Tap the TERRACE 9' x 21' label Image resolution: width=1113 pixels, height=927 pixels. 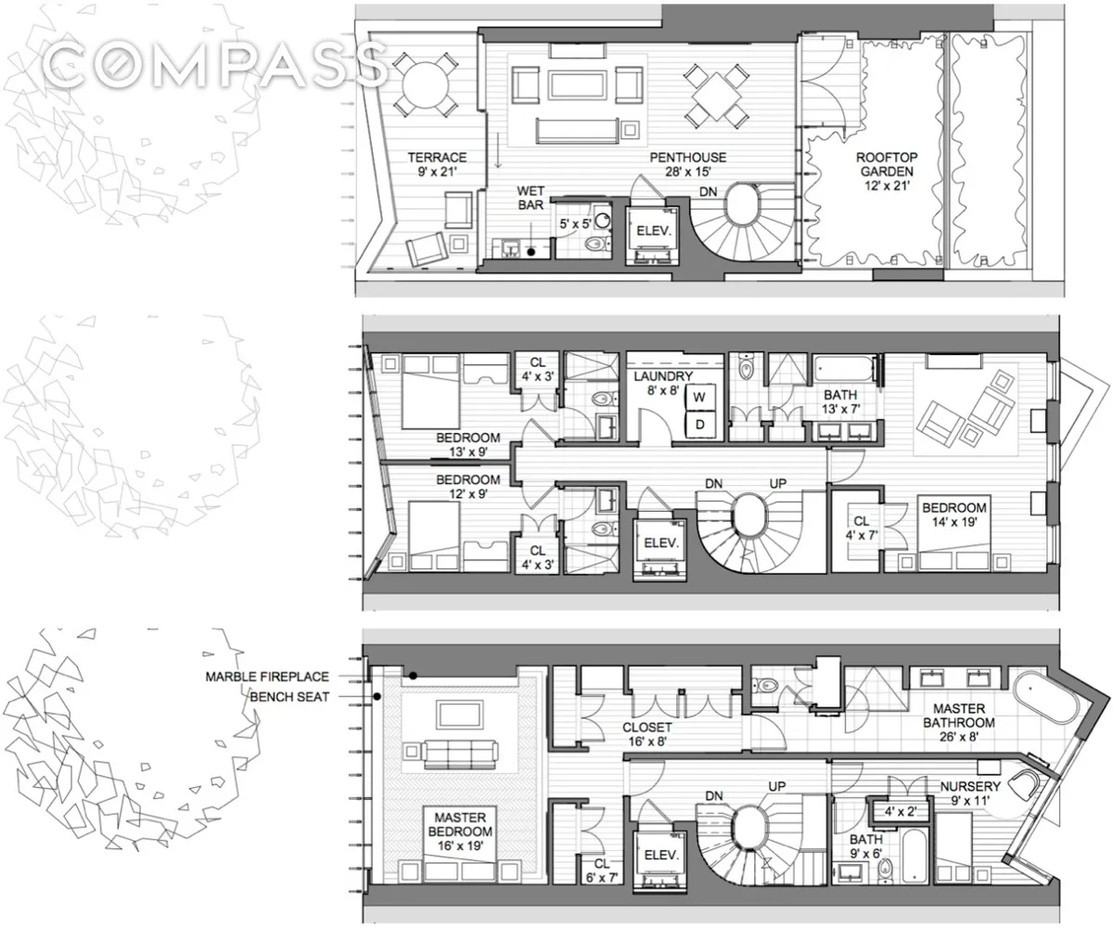436,164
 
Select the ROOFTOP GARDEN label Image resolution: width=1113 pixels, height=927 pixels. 884,171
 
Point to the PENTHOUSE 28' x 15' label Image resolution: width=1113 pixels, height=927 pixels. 686,164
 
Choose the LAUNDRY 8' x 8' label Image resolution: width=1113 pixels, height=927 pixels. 662,383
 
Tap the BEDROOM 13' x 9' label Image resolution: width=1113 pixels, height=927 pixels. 468,445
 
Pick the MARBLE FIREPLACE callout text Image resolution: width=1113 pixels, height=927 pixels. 266,678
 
